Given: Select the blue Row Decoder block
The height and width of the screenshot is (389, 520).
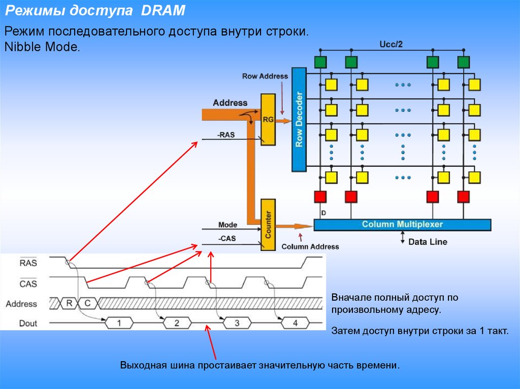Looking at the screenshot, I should click(x=299, y=119).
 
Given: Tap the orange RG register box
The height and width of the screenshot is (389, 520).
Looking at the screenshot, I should click(x=268, y=120).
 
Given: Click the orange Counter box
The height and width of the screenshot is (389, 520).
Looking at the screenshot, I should click(x=268, y=225).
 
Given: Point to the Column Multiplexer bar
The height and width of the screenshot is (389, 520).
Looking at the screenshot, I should click(x=402, y=225).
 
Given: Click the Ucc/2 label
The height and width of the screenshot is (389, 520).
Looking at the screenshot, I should click(x=392, y=44).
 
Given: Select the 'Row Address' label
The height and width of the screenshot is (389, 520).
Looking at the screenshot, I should click(x=265, y=76).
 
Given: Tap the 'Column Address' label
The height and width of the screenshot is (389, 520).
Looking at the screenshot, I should click(x=310, y=246).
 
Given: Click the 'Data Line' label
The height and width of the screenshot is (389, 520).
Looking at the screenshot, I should click(x=428, y=242).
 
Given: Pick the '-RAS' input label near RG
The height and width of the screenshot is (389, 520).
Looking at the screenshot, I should click(x=226, y=135).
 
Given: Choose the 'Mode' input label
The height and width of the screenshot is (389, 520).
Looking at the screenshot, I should click(x=227, y=225).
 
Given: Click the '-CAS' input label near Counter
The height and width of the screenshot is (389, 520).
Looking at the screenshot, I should click(x=227, y=238).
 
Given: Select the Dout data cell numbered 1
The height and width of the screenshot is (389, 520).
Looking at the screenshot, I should click(x=119, y=323).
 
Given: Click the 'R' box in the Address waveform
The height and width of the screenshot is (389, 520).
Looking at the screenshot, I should click(x=69, y=304).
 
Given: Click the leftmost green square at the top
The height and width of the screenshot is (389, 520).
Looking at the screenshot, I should click(x=320, y=62).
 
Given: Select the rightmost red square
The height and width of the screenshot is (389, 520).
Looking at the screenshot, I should click(x=463, y=196).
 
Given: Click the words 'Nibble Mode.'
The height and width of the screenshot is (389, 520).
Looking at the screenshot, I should click(x=42, y=48).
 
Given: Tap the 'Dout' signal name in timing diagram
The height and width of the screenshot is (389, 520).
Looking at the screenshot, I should click(x=28, y=323).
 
